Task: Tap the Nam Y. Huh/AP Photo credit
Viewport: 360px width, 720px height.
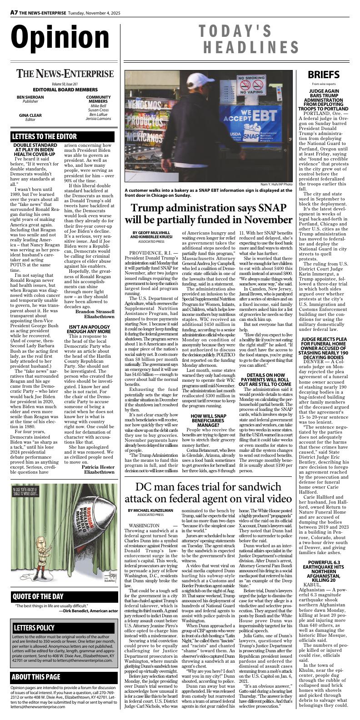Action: point(276,184)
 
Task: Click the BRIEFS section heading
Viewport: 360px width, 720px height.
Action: point(323,75)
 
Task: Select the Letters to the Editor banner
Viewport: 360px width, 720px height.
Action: point(45,136)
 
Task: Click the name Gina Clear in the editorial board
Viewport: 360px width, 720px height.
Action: point(30,115)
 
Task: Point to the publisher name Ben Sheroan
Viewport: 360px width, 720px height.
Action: point(30,97)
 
